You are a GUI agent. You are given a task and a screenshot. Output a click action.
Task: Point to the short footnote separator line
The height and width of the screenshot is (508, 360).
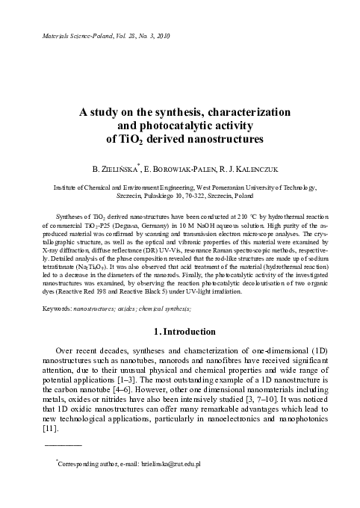(63, 445)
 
